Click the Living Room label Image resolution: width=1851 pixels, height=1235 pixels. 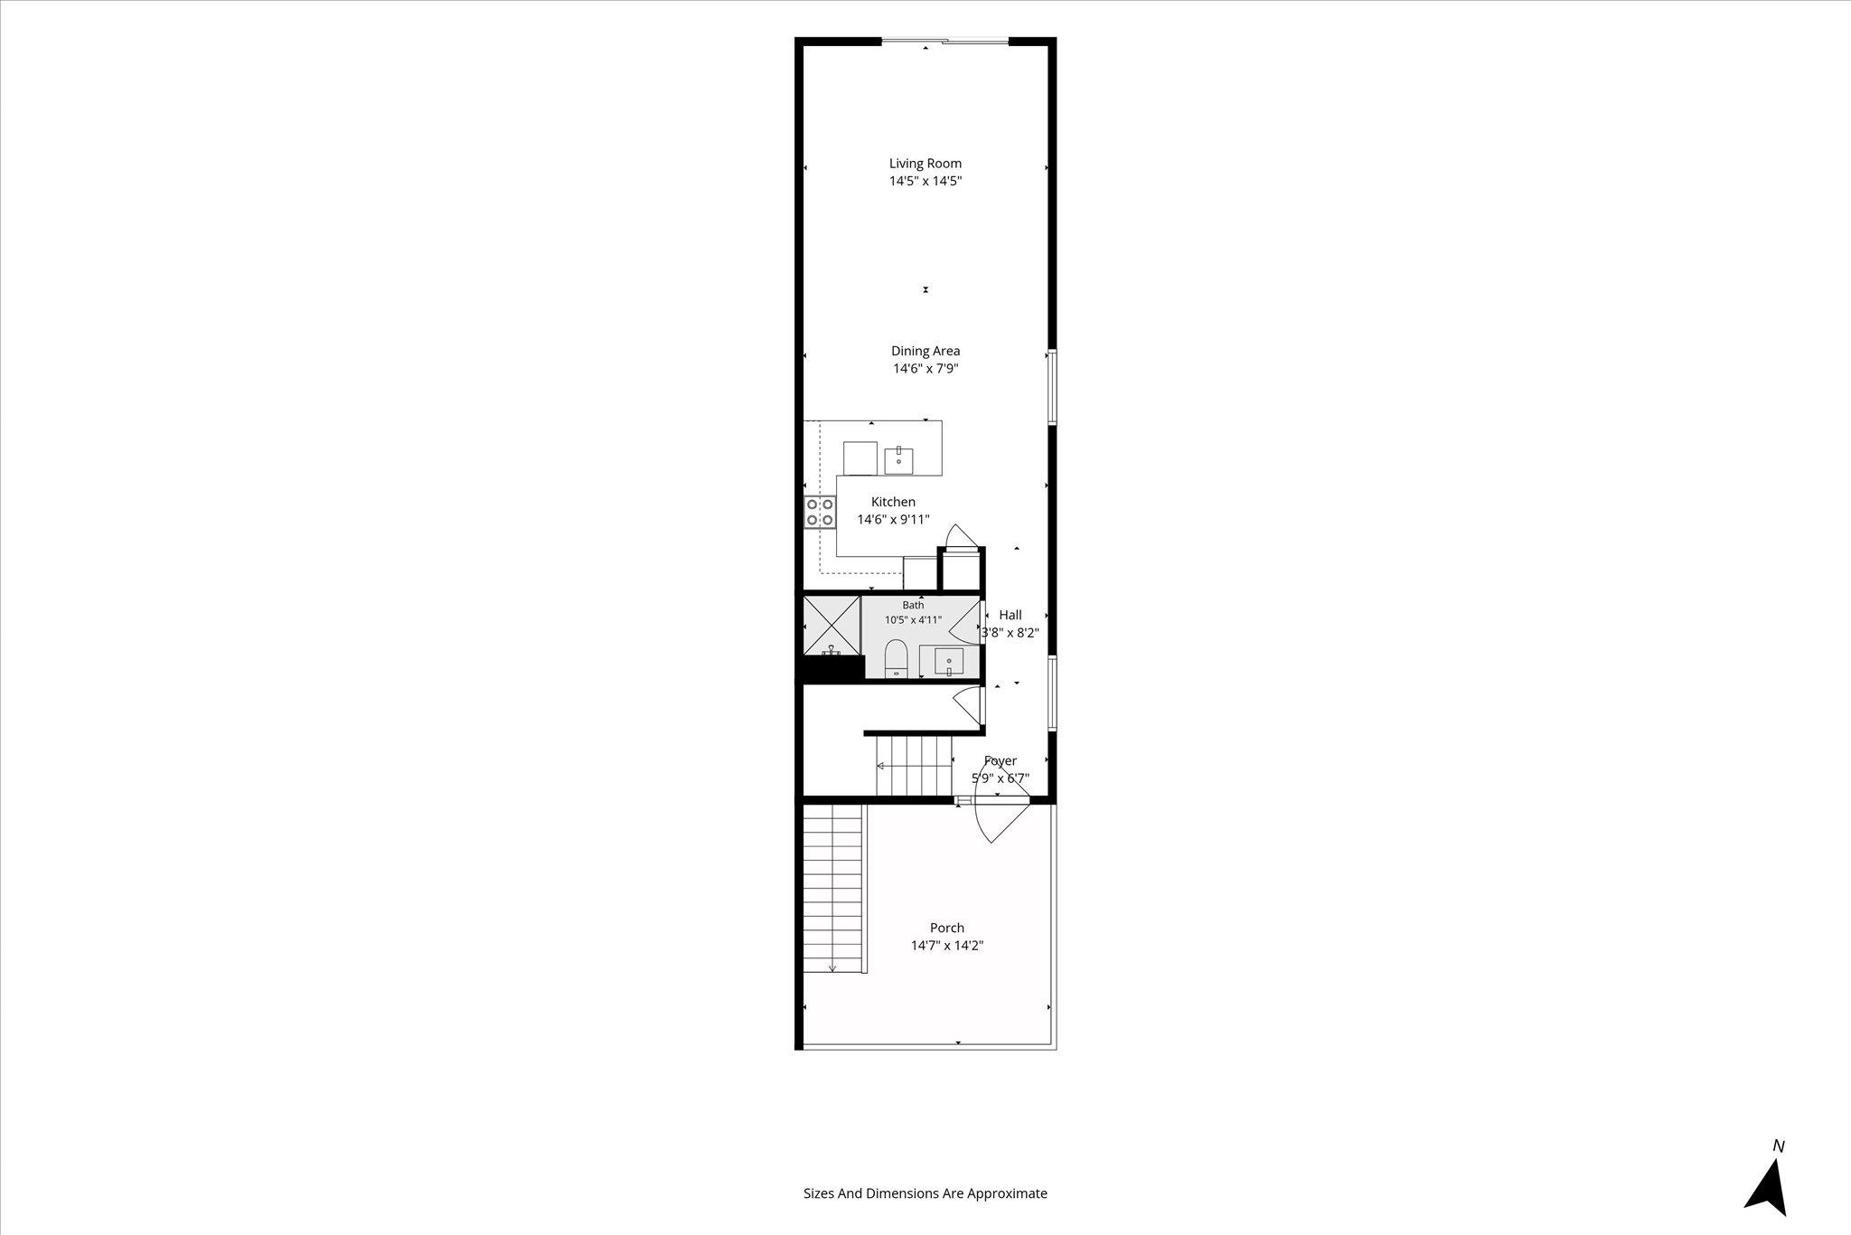click(925, 164)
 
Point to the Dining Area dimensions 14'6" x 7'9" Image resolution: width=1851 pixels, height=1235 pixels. click(925, 369)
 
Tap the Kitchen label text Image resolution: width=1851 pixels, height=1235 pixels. click(893, 502)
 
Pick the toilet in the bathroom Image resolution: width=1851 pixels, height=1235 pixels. click(896, 658)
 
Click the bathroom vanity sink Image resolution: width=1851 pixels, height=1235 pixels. click(949, 662)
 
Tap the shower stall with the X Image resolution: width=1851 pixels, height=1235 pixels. click(831, 625)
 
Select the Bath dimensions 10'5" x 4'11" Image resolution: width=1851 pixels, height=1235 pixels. click(913, 620)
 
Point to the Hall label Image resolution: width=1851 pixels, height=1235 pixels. click(1010, 615)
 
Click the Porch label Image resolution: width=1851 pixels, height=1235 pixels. click(947, 928)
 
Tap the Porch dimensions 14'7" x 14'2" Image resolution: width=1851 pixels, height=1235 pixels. click(947, 946)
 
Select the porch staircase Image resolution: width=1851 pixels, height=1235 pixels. click(833, 889)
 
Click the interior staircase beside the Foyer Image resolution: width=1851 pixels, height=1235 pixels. click(914, 765)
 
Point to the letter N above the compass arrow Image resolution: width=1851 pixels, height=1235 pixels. click(1779, 1146)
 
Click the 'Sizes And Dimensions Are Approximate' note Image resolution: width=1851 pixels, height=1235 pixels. click(925, 1193)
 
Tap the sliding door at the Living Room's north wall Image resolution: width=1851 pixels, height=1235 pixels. click(944, 41)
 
